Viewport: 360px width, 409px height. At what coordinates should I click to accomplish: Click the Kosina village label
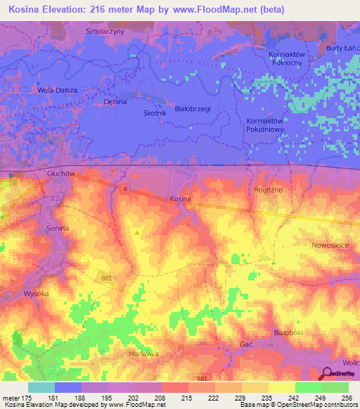point(181,200)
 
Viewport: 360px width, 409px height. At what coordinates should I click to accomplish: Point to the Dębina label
point(114,102)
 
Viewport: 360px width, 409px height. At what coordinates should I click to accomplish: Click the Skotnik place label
point(155,113)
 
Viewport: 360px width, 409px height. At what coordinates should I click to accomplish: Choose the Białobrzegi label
point(193,109)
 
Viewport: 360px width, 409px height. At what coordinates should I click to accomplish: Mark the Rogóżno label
point(266,190)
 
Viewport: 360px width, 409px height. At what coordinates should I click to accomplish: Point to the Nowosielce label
point(332,245)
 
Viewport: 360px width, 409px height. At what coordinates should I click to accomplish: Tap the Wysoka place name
point(35,293)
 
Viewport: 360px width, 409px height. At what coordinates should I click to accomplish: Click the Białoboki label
point(287,330)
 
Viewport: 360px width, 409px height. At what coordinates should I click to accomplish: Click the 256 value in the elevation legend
point(345,398)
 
